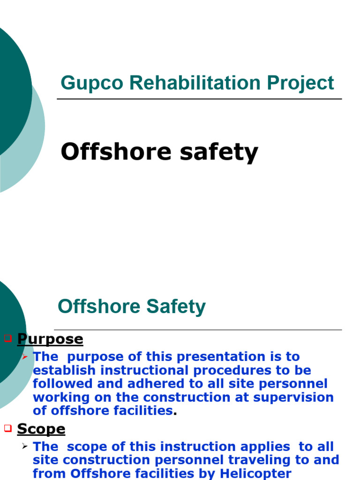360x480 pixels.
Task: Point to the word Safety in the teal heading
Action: click(x=176, y=307)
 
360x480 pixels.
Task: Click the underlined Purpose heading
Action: click(x=50, y=339)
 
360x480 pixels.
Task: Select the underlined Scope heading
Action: click(x=41, y=429)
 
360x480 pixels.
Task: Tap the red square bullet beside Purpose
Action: click(x=7, y=338)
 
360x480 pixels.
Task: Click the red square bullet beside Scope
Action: click(x=7, y=428)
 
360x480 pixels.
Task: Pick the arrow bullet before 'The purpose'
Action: click(x=25, y=357)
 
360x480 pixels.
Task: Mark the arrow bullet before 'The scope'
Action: click(x=25, y=447)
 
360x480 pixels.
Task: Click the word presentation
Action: click(x=217, y=357)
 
